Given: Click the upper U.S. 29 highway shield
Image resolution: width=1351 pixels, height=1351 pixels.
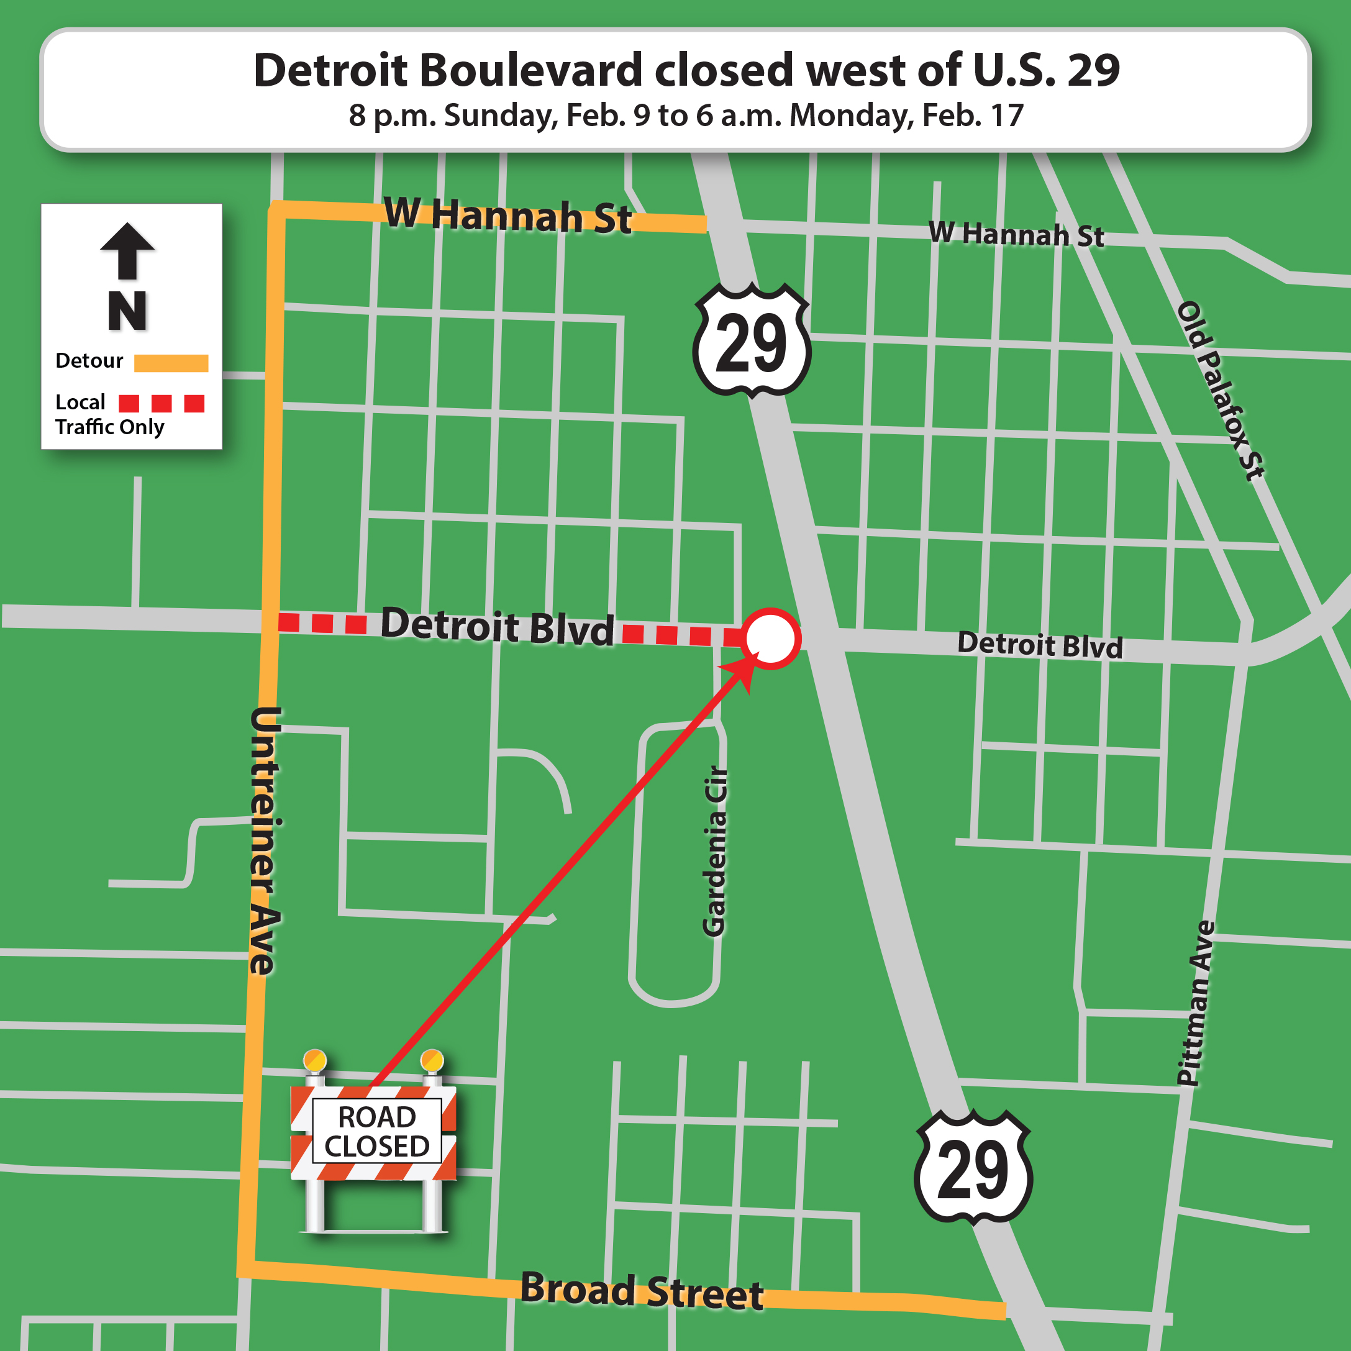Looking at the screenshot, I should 752,340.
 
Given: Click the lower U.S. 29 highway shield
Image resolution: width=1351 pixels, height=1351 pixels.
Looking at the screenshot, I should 973,1168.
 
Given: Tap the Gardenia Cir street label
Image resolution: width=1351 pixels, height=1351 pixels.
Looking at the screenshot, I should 715,851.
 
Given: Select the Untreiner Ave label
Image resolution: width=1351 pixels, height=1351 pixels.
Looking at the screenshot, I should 265,840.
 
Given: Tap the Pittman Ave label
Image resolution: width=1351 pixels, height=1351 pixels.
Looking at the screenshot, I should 1196,1003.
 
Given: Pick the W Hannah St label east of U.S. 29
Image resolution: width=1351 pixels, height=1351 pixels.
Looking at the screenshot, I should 1016,234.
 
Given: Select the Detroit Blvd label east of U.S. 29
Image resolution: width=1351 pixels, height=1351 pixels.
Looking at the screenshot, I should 1039,644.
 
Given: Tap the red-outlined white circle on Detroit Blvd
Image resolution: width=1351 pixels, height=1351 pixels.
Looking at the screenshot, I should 771,639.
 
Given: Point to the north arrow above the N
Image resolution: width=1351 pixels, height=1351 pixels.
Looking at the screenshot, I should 127,250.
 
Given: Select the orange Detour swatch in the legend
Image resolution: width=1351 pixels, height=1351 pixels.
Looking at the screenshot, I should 171,363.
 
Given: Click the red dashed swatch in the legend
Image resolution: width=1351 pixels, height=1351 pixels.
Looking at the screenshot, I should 161,404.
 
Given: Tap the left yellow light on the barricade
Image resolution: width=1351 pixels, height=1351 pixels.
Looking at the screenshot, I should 315,1060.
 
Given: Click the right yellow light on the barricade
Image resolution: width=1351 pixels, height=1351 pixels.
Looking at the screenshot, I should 432,1060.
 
